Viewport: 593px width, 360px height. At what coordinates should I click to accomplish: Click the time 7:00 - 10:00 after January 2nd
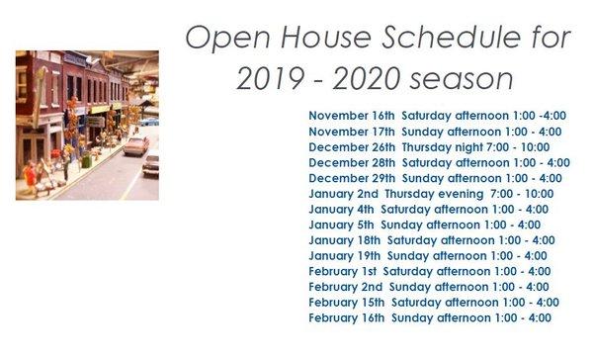tap(521, 193)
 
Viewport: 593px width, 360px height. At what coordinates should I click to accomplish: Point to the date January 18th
tap(345, 239)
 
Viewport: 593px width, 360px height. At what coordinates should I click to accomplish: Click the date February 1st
tap(343, 271)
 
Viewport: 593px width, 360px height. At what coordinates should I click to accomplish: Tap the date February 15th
tap(347, 302)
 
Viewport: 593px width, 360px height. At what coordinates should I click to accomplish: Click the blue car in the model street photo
tap(147, 121)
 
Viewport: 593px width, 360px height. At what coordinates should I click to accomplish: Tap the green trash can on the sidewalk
tap(86, 161)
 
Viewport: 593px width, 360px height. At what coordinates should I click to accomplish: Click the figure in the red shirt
tap(30, 176)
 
